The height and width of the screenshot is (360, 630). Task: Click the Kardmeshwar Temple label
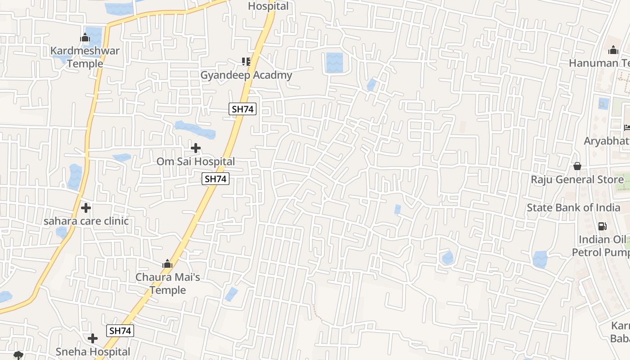(x=85, y=57)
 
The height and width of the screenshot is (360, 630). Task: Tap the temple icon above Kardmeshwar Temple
(x=85, y=38)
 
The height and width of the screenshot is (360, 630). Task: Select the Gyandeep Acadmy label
(x=246, y=75)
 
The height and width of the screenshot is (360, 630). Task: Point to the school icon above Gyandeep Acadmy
(x=246, y=61)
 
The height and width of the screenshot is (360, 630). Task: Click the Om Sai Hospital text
(x=196, y=161)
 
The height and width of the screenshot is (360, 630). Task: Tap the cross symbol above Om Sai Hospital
(x=196, y=148)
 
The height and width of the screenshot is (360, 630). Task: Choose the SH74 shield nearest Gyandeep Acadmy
(x=243, y=109)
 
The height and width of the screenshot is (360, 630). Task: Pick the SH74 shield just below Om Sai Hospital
(x=216, y=179)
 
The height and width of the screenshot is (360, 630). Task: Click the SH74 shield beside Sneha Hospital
(x=120, y=331)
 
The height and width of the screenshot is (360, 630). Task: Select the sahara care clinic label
(x=86, y=221)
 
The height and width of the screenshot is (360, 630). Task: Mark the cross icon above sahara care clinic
(x=86, y=208)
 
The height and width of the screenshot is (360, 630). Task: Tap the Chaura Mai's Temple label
(x=168, y=283)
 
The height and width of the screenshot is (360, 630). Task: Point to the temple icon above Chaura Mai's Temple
(x=167, y=264)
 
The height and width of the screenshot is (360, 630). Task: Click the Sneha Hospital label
(x=93, y=351)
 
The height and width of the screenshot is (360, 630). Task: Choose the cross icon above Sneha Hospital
(x=93, y=338)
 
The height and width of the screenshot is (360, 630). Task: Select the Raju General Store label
(x=577, y=180)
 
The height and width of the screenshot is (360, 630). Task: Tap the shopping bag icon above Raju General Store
(x=577, y=166)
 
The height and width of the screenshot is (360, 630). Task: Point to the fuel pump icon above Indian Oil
(x=602, y=226)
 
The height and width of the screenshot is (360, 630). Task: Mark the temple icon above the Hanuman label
(x=613, y=50)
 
